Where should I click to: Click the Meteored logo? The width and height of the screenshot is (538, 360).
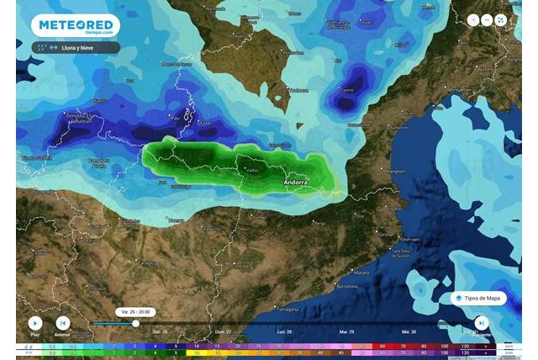[x=75, y=26]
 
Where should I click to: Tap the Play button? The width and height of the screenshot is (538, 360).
[x=34, y=322]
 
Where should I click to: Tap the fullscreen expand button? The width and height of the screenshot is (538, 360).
[x=501, y=19]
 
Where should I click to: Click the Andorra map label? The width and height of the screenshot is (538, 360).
[x=295, y=182]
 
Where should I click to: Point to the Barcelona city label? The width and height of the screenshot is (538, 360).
[x=347, y=287]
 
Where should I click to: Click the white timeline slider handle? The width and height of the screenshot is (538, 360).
[x=135, y=323]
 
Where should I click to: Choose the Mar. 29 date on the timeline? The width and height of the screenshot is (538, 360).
[x=345, y=332]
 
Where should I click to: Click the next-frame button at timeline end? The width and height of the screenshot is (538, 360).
[x=481, y=322]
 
